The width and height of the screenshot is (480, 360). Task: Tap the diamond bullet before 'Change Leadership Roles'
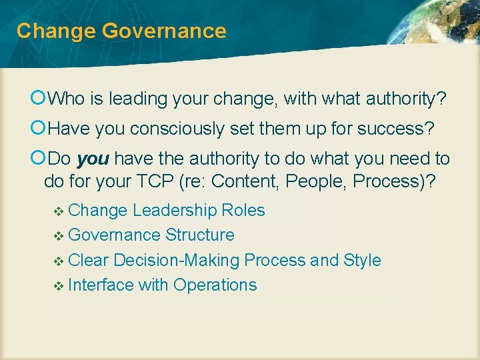coord(58,211)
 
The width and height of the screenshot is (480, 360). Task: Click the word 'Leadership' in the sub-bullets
coord(175,211)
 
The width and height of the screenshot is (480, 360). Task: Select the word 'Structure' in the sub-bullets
coord(200,235)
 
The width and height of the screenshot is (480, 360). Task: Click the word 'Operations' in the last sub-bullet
coord(215,285)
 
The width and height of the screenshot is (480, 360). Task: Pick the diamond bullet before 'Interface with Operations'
coord(58,286)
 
